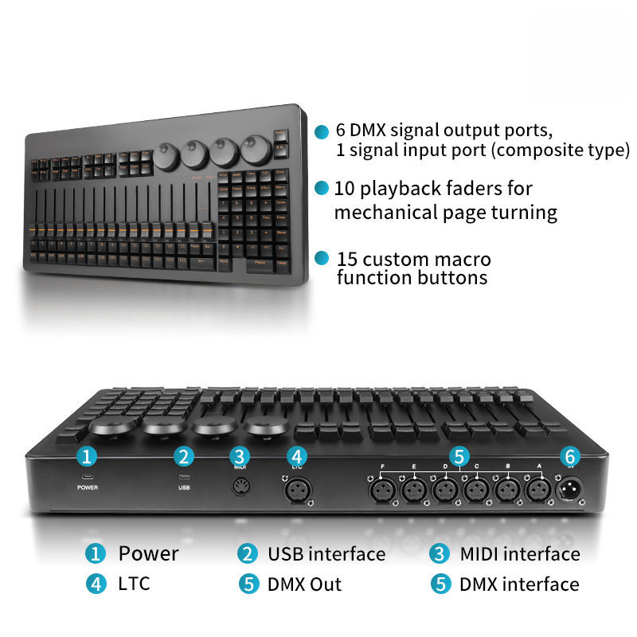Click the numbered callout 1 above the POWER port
tap(88, 456)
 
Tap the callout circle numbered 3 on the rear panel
tap(240, 456)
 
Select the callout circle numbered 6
tap(569, 456)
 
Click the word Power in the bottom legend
tap(148, 553)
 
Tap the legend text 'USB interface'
tap(326, 553)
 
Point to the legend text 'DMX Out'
tap(304, 584)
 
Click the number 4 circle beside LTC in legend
tap(96, 584)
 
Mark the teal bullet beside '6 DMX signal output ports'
tap(321, 131)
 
